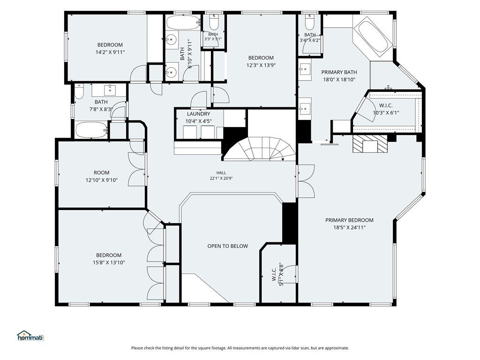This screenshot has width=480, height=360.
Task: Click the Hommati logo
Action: (x=30, y=336)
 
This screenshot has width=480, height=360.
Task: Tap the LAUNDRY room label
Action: (x=198, y=114)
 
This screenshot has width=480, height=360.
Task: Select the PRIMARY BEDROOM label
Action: (x=349, y=220)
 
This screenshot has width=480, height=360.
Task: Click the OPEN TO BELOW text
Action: (x=228, y=246)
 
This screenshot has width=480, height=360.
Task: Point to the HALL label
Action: (x=221, y=173)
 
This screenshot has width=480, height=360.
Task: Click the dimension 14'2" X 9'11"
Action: (x=110, y=52)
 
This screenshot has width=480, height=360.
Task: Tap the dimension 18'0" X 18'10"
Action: (x=339, y=80)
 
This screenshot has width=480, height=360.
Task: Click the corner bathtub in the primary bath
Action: (x=374, y=37)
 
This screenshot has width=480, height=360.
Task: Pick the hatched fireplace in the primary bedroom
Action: (x=370, y=143)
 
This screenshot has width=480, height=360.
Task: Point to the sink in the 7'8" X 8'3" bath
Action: (x=109, y=90)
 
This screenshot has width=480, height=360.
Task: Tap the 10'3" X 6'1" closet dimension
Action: (x=386, y=112)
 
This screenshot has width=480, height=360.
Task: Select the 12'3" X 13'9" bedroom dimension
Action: (x=261, y=65)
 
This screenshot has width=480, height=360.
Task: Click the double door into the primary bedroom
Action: (x=306, y=181)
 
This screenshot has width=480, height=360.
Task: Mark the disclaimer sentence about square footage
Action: (x=240, y=348)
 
